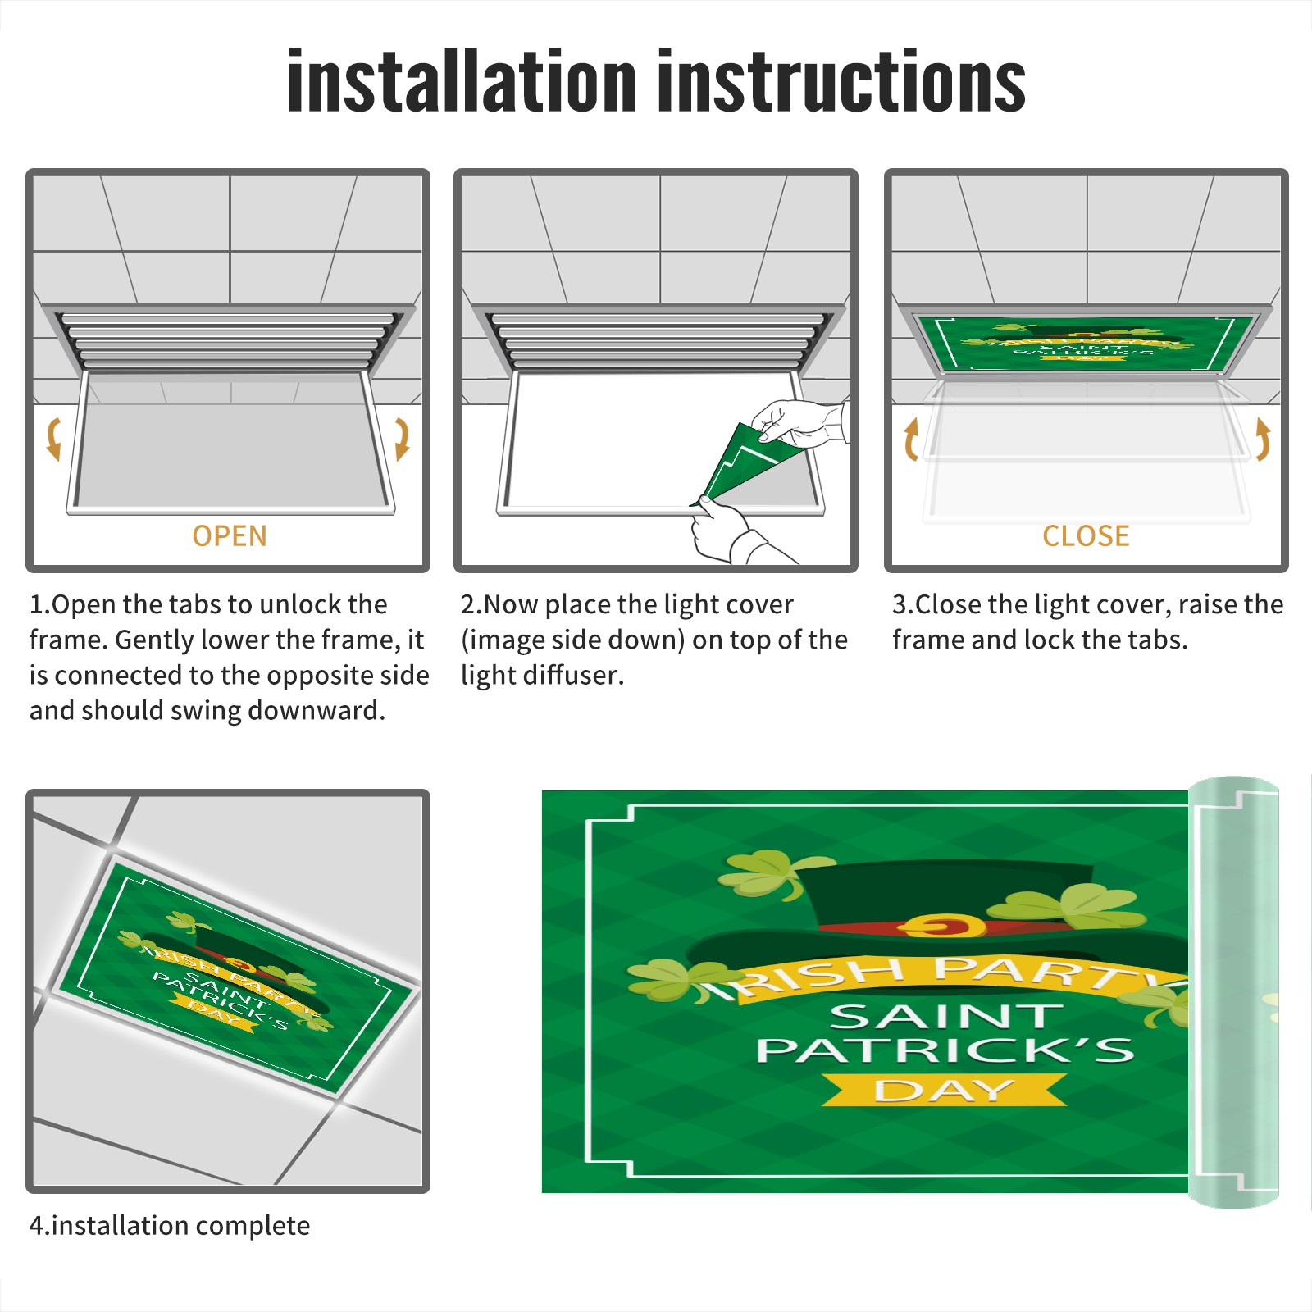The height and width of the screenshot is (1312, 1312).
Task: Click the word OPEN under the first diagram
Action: coord(230,536)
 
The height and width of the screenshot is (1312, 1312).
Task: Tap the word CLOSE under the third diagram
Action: coord(1086,536)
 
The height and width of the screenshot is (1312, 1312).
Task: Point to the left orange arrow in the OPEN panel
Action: coord(54,439)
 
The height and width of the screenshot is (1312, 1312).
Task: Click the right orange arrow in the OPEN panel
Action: coord(402,439)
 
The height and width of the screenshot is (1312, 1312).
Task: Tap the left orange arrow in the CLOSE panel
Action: coord(911,439)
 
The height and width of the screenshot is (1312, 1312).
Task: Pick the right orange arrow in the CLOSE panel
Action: coord(1263,439)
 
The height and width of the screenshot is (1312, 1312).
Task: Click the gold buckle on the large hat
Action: coord(941,926)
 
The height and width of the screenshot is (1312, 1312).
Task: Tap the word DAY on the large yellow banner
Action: coord(945,1091)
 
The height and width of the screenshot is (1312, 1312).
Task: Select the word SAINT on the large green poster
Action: coord(947,1017)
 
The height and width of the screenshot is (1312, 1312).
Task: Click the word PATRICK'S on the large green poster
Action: coord(945,1050)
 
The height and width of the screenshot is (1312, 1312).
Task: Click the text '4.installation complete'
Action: coord(170,1226)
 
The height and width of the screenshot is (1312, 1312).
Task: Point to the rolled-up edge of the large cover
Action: coord(1233,992)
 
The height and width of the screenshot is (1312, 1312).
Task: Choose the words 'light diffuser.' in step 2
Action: coord(542,675)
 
